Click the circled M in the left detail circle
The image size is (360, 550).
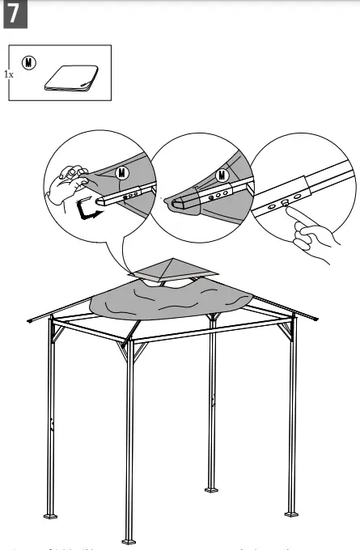pyautogui.click(x=123, y=171)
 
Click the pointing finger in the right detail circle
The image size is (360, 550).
pyautogui.click(x=311, y=238)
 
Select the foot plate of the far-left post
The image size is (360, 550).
pyautogui.click(x=54, y=516)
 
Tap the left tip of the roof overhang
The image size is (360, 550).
pyautogui.click(x=29, y=323)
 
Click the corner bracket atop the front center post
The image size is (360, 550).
pyautogui.click(x=129, y=349)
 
